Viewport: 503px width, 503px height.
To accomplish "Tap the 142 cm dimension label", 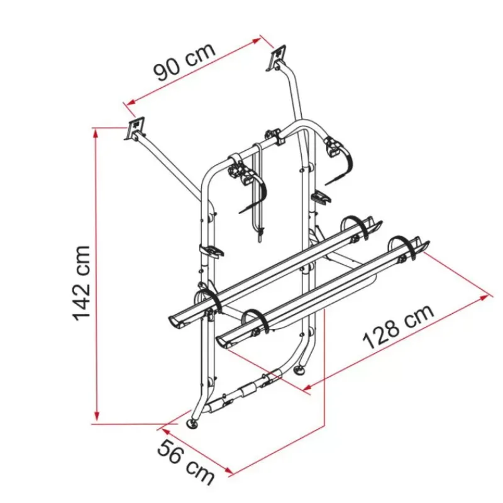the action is coord(82,283).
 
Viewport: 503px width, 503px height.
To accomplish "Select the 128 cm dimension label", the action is coord(399,326).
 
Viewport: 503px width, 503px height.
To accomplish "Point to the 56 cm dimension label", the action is coord(186,462).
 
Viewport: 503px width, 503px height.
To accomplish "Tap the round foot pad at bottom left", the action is coord(193,423).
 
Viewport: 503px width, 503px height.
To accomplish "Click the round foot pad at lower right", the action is coord(301,370).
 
